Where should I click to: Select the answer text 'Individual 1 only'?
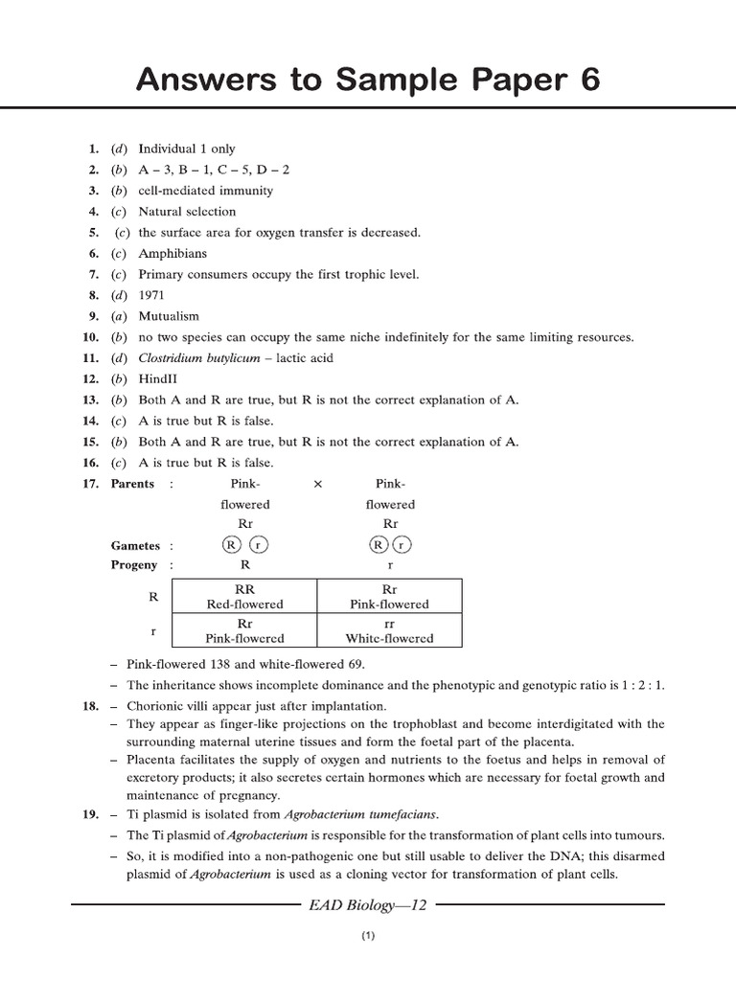[186, 148]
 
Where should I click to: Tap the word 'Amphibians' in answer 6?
[172, 253]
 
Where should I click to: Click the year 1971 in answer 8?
[152, 295]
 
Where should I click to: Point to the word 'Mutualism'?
[169, 316]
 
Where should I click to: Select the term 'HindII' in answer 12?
[158, 378]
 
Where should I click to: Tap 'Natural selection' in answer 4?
[187, 212]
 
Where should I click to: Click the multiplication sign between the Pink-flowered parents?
[318, 484]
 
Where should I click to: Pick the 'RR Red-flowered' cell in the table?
[245, 597]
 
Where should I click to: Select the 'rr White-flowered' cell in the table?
[389, 630]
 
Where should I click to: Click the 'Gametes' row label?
[135, 545]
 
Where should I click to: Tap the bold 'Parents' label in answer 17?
[132, 484]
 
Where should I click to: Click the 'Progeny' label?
[134, 565]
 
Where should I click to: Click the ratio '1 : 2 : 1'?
[639, 684]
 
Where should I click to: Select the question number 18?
[90, 705]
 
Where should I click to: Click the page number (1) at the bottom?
[368, 936]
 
